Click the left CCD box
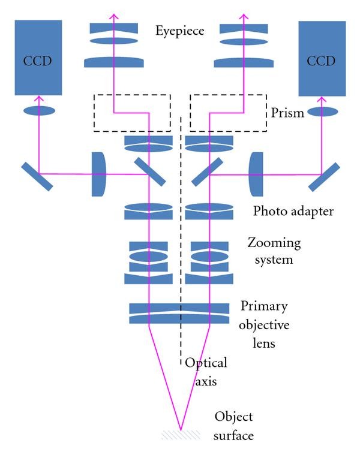(38, 58)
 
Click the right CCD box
(322, 58)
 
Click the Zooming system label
(274, 251)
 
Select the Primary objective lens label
(265, 325)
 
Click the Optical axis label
(206, 372)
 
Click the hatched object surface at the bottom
(179, 434)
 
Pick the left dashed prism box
(131, 112)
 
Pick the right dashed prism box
(228, 112)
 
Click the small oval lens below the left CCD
(39, 111)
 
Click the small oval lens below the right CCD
(322, 112)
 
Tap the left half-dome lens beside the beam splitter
(99, 174)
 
